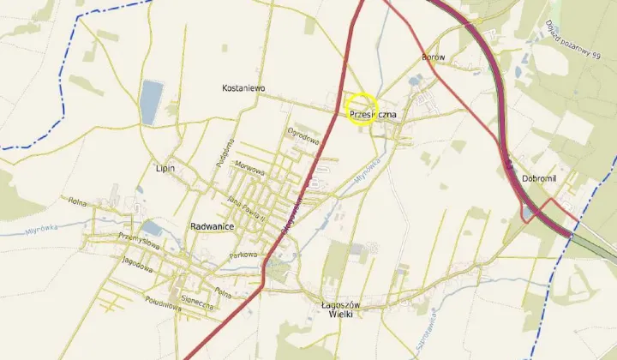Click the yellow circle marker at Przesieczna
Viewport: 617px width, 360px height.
pos(362,109)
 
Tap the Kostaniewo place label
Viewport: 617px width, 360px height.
pos(243,87)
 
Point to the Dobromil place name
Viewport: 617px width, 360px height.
pos(539,177)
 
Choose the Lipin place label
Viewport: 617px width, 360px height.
pos(165,168)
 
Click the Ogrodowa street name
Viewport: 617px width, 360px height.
pos(303,135)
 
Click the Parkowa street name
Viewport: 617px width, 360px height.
pos(243,255)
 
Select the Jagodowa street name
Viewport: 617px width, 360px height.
pos(137,263)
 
